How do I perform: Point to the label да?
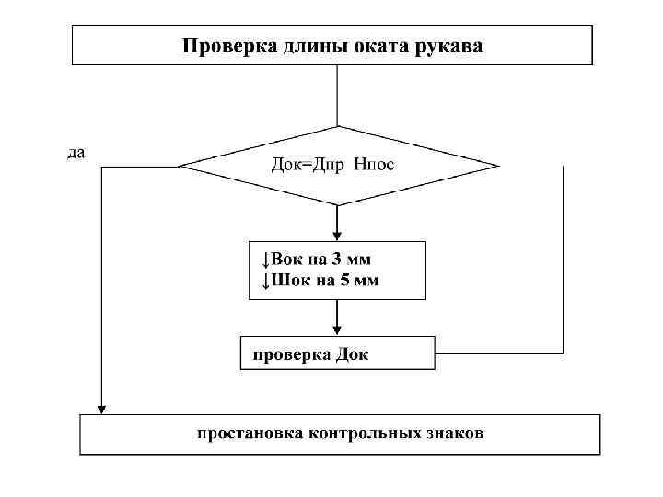tap(76, 153)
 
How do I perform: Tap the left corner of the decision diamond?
tap(180, 167)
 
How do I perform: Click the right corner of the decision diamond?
tap(497, 167)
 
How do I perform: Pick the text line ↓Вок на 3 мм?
tap(314, 260)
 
